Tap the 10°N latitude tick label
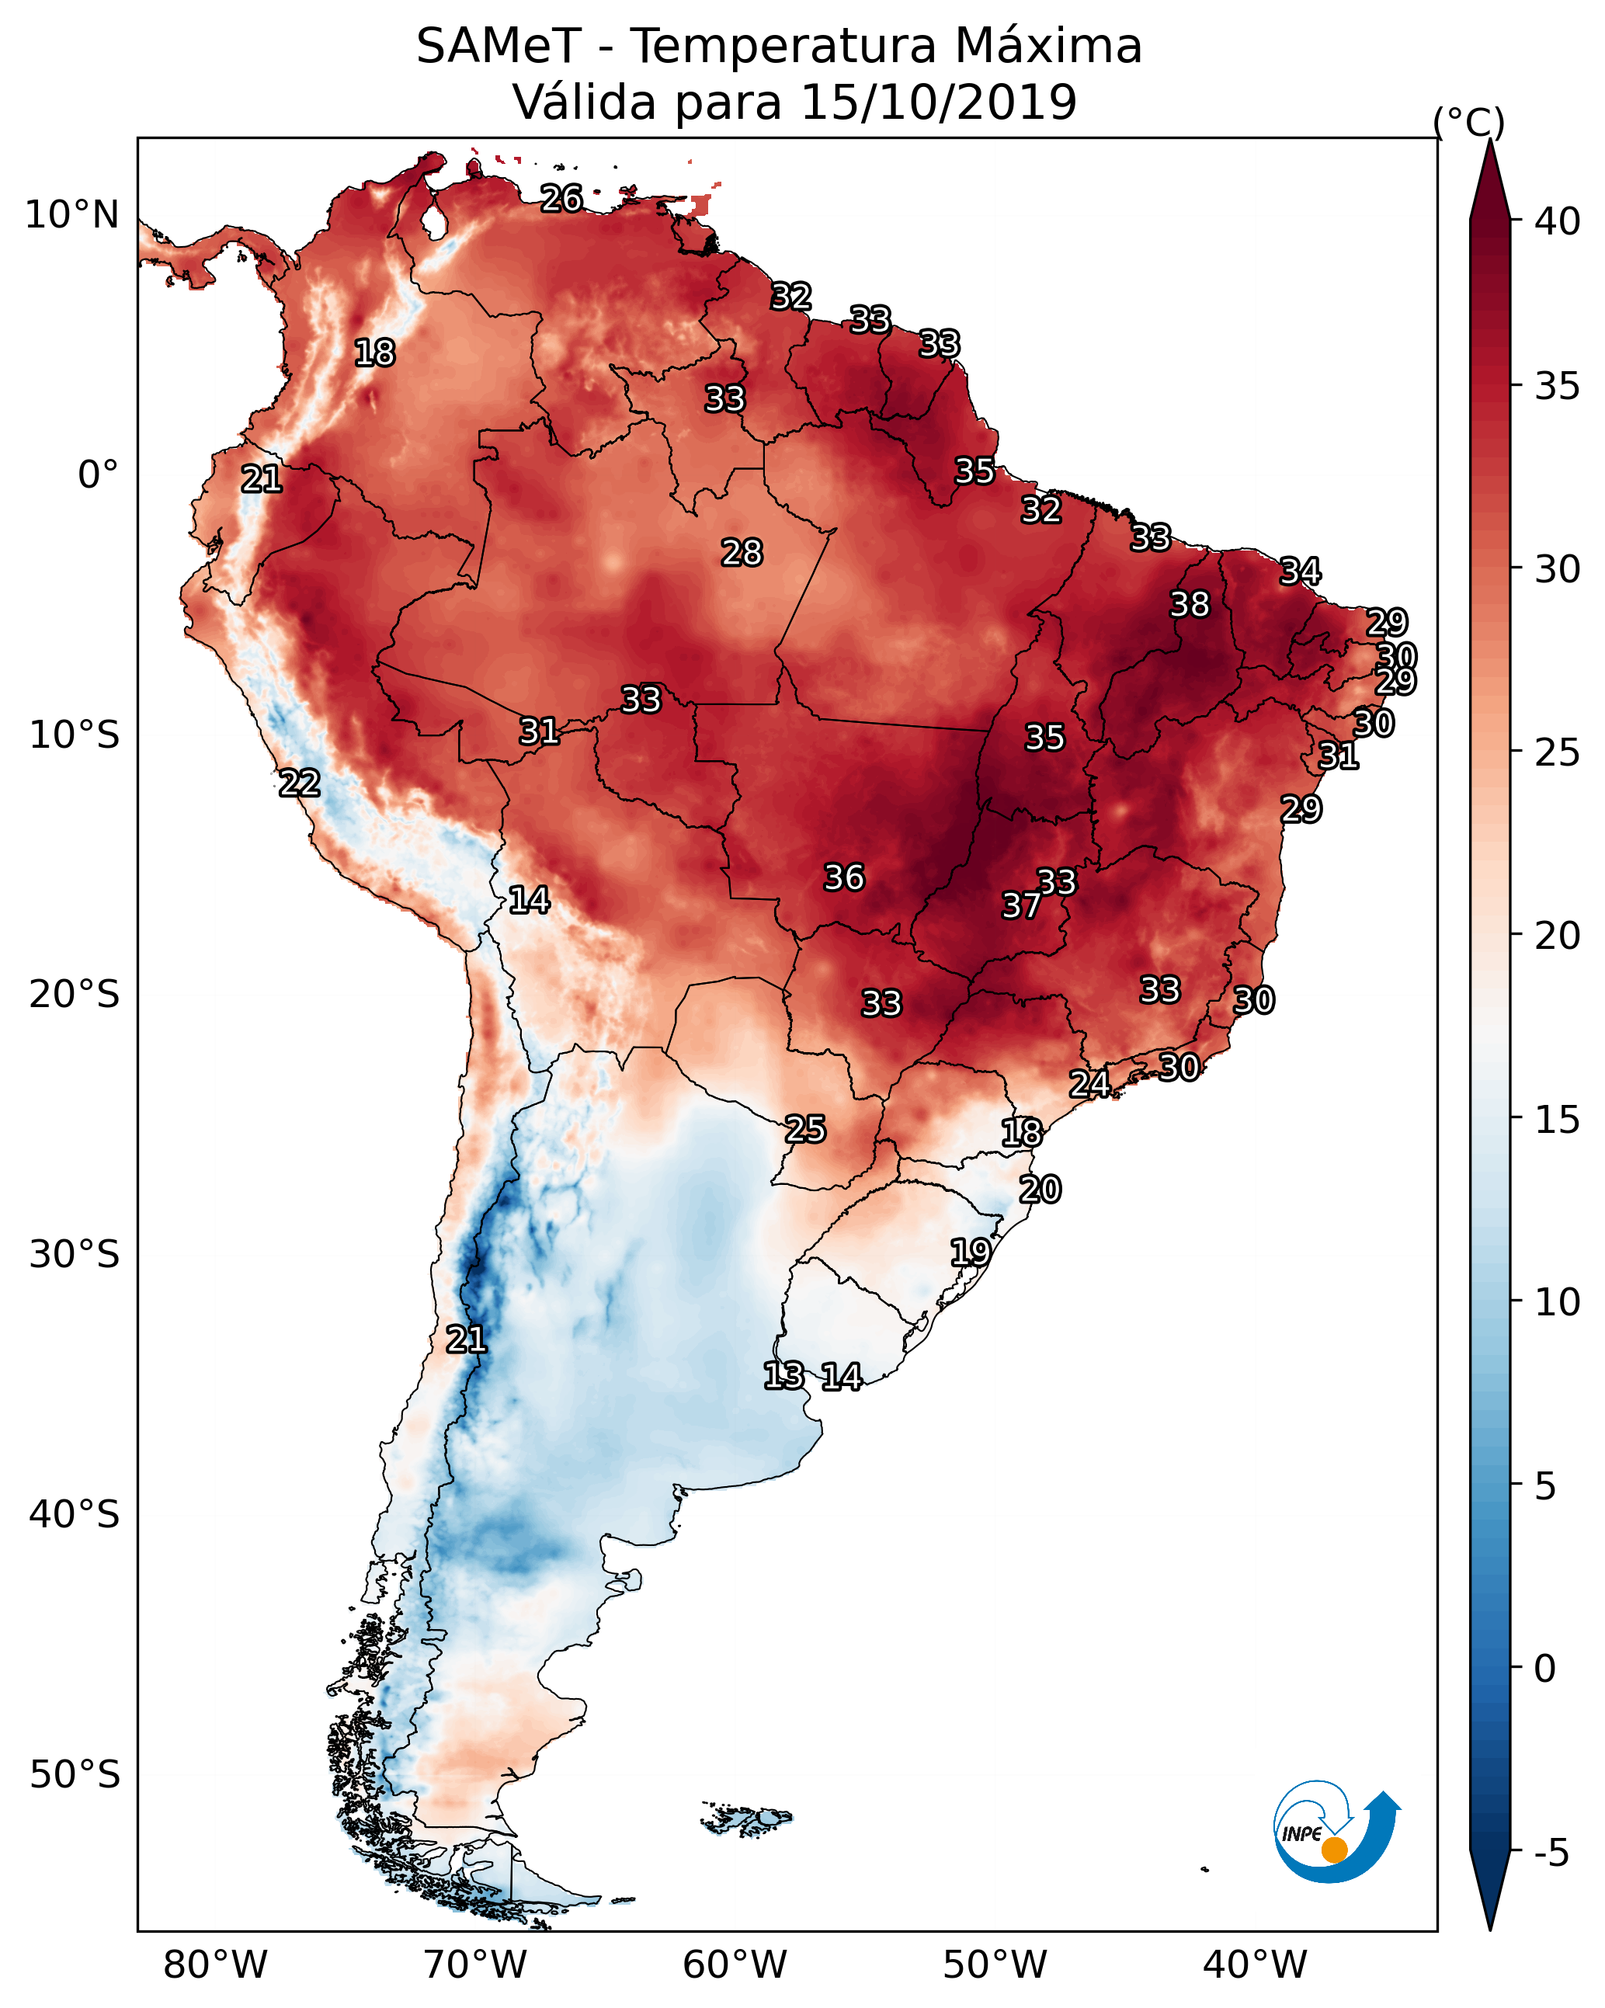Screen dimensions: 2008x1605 click(71, 215)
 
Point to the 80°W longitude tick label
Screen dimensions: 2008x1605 click(215, 1965)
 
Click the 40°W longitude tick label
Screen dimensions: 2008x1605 click(1255, 1965)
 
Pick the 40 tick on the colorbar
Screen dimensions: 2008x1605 click(1558, 221)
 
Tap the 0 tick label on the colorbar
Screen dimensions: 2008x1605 click(1544, 1669)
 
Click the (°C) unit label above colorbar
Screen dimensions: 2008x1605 click(1468, 122)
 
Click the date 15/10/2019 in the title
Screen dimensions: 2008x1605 click(938, 102)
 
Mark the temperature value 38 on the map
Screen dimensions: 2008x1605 click(1190, 604)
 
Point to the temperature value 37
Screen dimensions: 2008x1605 click(1021, 905)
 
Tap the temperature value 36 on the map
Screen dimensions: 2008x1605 click(844, 877)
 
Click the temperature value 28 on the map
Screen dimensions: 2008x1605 click(742, 553)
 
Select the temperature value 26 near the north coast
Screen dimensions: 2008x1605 click(561, 198)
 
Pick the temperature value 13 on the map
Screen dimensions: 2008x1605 click(783, 1376)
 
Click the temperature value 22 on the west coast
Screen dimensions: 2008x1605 click(299, 783)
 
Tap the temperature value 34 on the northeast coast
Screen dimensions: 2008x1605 click(1300, 571)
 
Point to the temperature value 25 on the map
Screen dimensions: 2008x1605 click(804, 1129)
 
